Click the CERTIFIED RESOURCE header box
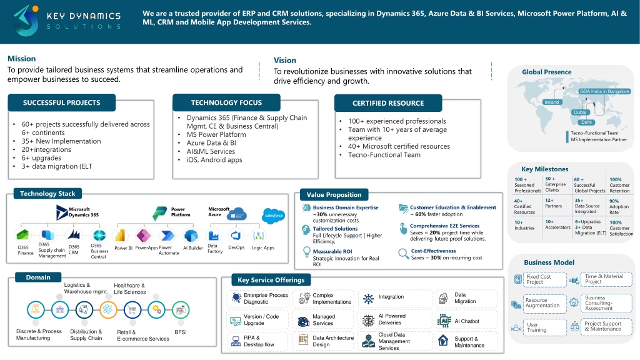pyautogui.click(x=388, y=103)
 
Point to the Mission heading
pyautogui.click(x=21, y=59)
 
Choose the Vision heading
pyautogui.click(x=285, y=60)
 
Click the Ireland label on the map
pyautogui.click(x=552, y=102)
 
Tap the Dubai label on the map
pyautogui.click(x=580, y=112)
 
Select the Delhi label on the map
pyautogui.click(x=587, y=122)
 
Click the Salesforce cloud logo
pyautogui.click(x=274, y=216)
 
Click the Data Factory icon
pyautogui.click(x=214, y=236)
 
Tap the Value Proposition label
pyautogui.click(x=334, y=194)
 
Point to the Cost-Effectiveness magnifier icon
pyautogui.click(x=403, y=253)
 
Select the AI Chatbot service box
pyautogui.click(x=466, y=321)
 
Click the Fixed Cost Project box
pyautogui.click(x=539, y=279)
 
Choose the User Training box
pyautogui.click(x=539, y=327)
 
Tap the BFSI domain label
pyautogui.click(x=181, y=332)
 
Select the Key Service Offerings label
pyautogui.click(x=271, y=279)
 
